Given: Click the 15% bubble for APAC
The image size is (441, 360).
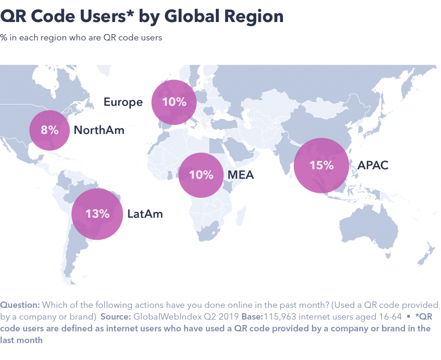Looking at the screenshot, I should [x=321, y=165].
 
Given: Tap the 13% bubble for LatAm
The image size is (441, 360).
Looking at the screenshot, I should [x=97, y=214].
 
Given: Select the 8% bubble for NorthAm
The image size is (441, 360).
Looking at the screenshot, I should [x=50, y=130].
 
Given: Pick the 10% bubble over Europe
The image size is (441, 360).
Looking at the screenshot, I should [x=174, y=102].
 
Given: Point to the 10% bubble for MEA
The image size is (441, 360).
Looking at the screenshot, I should [x=202, y=175].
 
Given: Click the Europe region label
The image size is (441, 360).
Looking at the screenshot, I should [x=123, y=102].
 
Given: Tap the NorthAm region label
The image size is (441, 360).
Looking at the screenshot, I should [x=99, y=130].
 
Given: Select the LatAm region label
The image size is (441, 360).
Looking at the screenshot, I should [x=145, y=214].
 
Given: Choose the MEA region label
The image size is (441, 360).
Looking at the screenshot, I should [x=241, y=175].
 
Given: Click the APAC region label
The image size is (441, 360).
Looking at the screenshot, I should [x=373, y=165].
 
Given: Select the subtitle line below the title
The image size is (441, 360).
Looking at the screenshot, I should [x=81, y=37].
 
